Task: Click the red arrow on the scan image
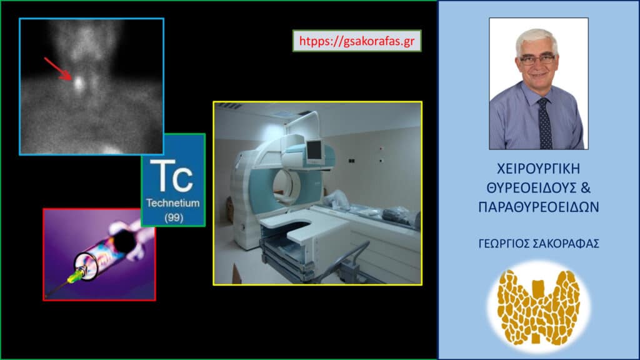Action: click(58, 68)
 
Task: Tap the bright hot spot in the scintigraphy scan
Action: click(78, 84)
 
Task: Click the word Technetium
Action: click(173, 203)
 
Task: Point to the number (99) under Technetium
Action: click(174, 217)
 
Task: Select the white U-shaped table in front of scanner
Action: click(306, 229)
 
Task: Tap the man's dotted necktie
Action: click(544, 124)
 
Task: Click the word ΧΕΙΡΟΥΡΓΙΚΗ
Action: click(538, 169)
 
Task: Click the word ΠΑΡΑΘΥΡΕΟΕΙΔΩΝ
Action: click(539, 207)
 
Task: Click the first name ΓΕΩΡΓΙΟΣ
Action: click(504, 244)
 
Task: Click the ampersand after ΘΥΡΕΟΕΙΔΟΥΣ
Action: click(585, 187)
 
